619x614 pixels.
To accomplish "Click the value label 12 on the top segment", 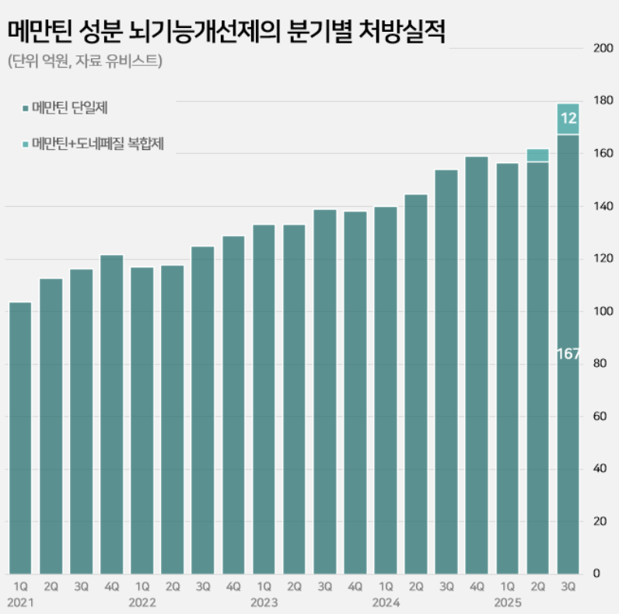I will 568,119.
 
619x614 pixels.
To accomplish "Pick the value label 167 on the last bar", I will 568,354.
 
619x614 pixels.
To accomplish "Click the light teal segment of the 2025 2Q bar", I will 538,155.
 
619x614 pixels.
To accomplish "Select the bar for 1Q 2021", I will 20,435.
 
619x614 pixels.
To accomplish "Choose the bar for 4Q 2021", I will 111,412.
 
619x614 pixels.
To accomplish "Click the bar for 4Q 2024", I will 477,365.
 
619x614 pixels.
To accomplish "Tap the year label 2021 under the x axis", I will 20,602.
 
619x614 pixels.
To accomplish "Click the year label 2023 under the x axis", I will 264,602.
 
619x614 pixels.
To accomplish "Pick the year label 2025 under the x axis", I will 507,602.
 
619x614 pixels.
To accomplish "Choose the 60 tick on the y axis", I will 600,417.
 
